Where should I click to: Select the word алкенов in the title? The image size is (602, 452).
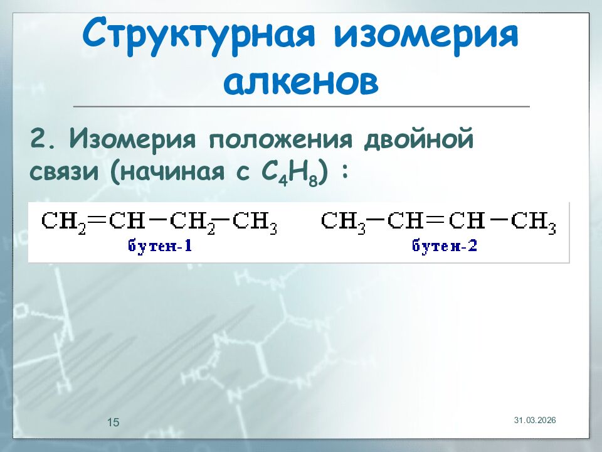click(301, 82)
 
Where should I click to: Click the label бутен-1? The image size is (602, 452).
click(160, 245)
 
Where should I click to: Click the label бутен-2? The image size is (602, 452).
click(445, 245)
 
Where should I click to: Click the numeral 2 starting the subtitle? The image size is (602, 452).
click(39, 137)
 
